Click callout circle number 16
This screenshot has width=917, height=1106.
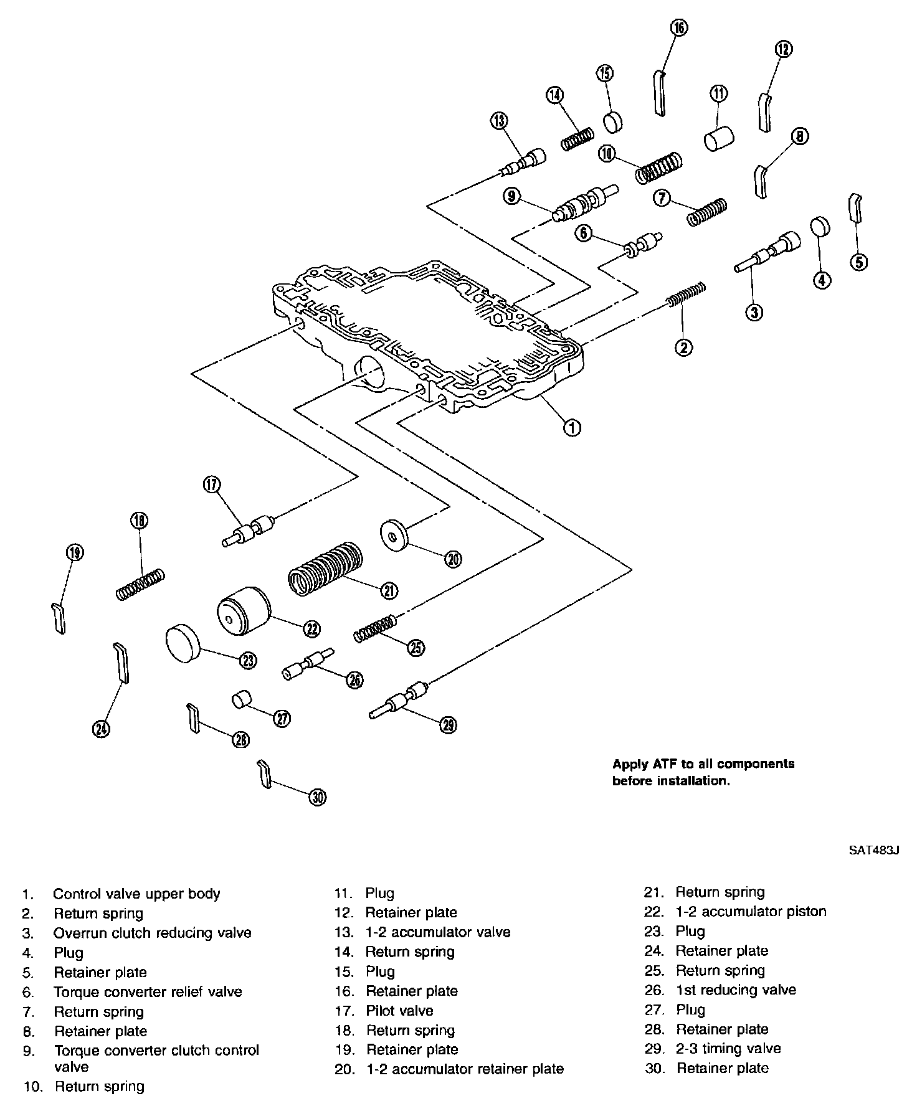tap(678, 27)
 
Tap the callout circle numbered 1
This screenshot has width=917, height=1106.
tap(572, 427)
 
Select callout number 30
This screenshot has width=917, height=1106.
tap(318, 797)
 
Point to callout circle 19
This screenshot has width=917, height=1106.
tap(74, 552)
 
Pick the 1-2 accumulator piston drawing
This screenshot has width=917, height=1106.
tap(244, 612)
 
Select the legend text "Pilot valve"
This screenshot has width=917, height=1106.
tap(399, 1010)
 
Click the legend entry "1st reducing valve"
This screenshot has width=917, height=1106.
tap(736, 990)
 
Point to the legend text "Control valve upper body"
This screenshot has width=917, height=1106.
tap(136, 894)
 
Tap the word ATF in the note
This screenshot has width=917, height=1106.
tap(663, 763)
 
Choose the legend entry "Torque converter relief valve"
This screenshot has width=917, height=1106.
tap(148, 991)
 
